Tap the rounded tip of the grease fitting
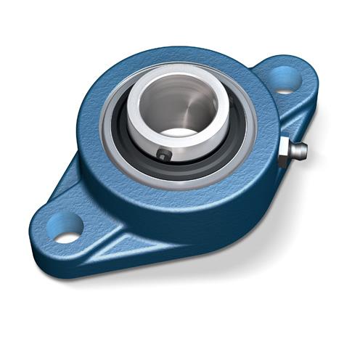coord(303,151)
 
